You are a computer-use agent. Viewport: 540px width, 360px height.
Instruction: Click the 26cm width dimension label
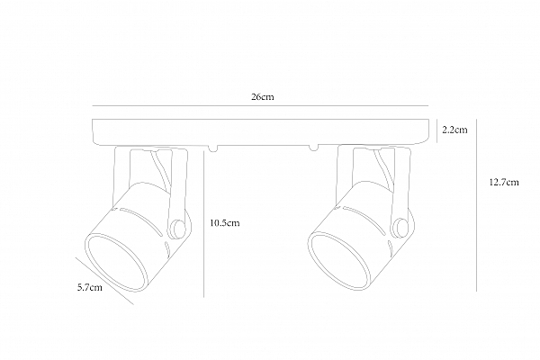click(263, 97)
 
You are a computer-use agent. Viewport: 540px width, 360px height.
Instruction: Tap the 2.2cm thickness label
click(454, 130)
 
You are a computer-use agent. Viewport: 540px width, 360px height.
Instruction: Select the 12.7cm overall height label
click(504, 182)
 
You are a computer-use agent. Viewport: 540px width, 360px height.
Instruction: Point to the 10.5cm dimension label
click(225, 223)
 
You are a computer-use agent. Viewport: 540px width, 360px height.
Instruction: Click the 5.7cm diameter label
click(90, 287)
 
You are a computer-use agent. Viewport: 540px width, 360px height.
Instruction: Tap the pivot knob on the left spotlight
click(178, 228)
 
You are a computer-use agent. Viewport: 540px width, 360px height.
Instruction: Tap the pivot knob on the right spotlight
click(401, 228)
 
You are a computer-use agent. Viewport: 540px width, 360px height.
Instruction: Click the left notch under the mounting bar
click(213, 148)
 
